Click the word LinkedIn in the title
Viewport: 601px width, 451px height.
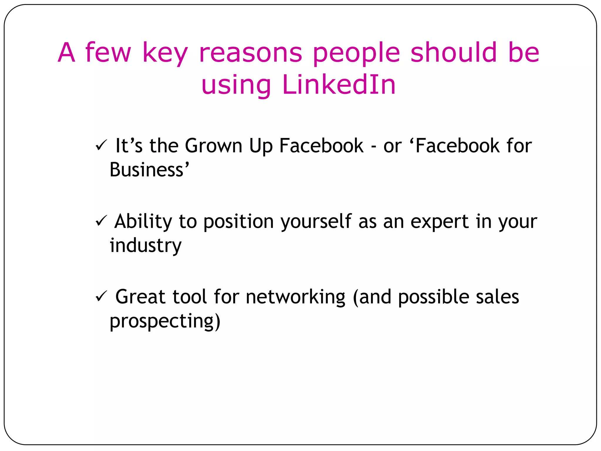click(x=339, y=85)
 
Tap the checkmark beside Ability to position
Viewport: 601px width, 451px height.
click(x=101, y=221)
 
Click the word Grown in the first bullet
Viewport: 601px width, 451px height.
click(x=213, y=146)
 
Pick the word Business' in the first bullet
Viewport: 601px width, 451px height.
click(x=149, y=170)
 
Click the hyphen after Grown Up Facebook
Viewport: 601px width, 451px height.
click(x=374, y=146)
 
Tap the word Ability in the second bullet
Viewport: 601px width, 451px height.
click(x=143, y=221)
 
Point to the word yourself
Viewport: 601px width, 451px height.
click(x=316, y=221)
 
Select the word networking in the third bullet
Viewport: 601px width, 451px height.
click(x=296, y=297)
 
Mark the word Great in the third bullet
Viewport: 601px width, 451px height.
click(x=140, y=297)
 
